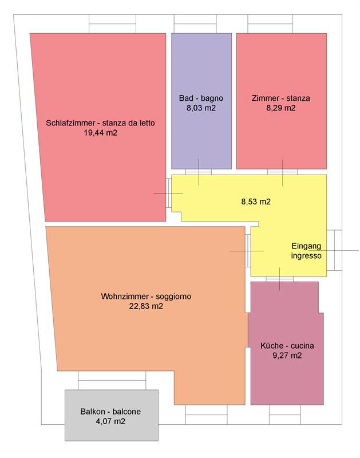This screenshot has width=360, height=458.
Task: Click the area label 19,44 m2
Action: pos(100,133)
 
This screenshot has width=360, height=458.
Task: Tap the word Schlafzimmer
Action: pos(70,123)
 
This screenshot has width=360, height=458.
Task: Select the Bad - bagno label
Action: pos(201,98)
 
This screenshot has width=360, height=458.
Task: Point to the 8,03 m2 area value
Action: pos(201,108)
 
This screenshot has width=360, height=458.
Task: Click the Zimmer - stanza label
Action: pos(280,98)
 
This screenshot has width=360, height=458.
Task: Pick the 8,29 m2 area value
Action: pos(281,108)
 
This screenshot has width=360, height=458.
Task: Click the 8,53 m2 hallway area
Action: pos(256,202)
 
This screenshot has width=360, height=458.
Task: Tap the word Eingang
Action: pos(306,246)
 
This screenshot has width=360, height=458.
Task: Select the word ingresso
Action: pos(306,256)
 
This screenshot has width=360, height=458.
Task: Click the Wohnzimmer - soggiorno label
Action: pos(146,296)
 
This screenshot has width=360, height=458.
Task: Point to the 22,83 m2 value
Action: pos(146,306)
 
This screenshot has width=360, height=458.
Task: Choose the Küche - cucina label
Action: pos(287,346)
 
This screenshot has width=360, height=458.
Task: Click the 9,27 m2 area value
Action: pos(287,356)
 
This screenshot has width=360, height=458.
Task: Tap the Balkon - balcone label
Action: pos(110,412)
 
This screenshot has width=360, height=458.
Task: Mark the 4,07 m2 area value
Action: pos(110,421)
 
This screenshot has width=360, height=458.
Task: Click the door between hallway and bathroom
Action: pos(199,172)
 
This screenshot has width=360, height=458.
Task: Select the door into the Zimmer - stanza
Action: pos(282,172)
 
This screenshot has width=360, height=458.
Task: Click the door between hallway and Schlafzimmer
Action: pos(169,193)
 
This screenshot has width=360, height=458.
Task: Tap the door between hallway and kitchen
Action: pos(279,279)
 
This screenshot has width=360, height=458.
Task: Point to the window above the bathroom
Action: pos(195,23)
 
